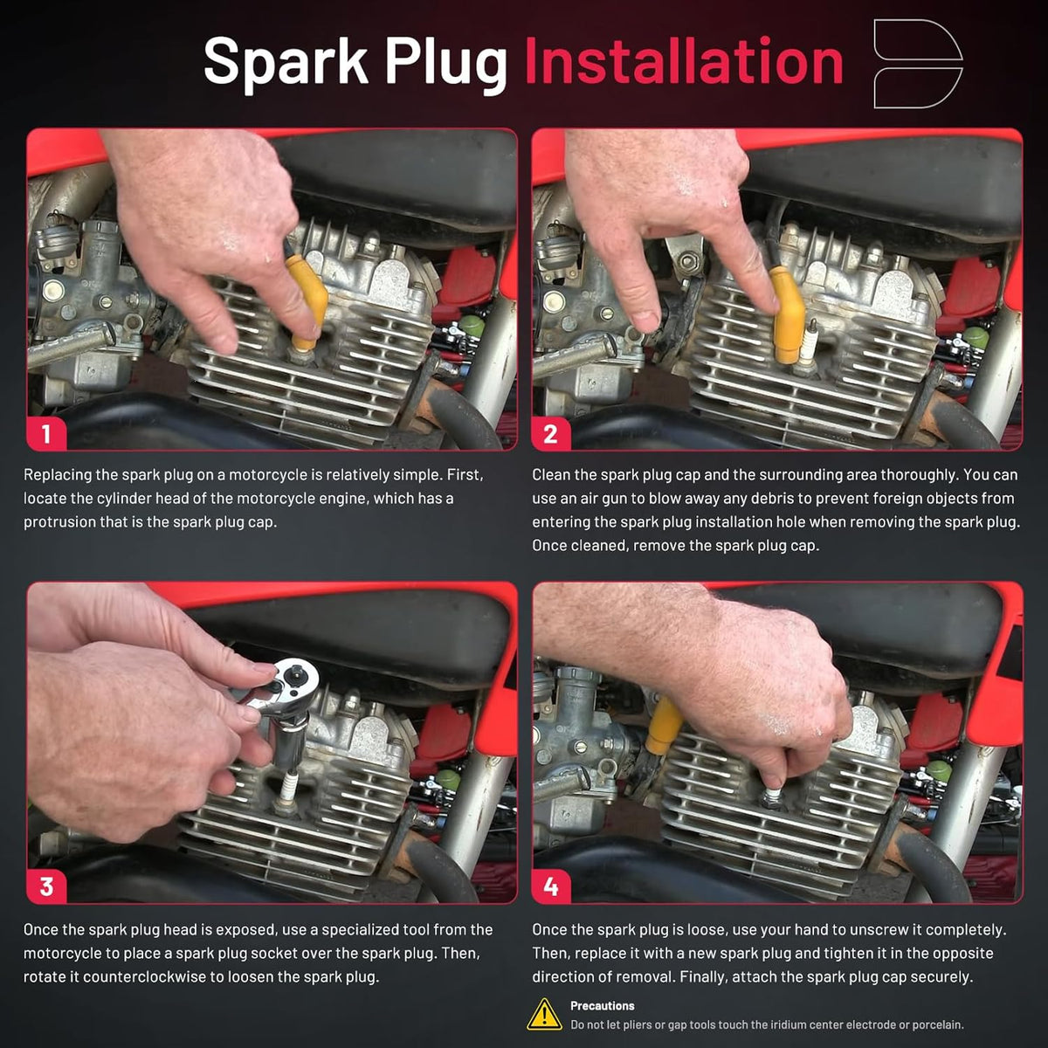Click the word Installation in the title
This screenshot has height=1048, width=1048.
[x=684, y=61]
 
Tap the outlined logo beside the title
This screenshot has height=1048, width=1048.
[x=918, y=64]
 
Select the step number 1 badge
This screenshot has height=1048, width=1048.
[x=46, y=433]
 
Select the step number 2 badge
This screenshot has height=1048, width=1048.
[x=551, y=433]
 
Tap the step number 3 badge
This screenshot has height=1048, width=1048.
[x=46, y=886]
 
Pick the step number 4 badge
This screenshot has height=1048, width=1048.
[x=551, y=886]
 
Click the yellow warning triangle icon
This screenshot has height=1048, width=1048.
[x=544, y=1015]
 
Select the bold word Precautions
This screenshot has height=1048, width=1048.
[x=602, y=1006]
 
